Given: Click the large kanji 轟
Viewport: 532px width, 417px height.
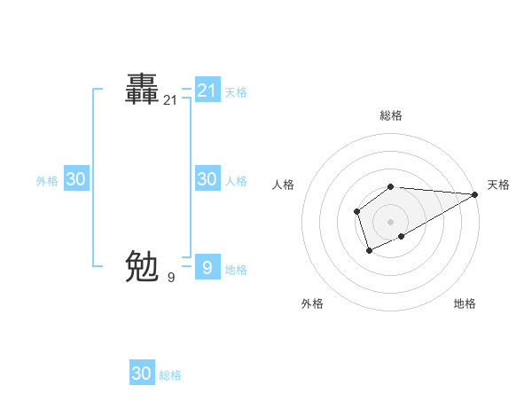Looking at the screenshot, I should (x=142, y=89).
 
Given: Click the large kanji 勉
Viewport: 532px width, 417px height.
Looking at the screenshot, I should (x=142, y=265).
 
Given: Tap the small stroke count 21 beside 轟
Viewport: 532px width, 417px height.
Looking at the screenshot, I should (x=170, y=101).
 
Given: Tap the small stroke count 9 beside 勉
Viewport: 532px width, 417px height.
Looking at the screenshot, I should (x=171, y=278).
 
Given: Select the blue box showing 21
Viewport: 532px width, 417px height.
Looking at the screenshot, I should (x=207, y=90).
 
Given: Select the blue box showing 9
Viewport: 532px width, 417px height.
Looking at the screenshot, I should (x=207, y=267).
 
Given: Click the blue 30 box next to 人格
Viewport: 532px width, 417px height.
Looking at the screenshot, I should (x=207, y=179).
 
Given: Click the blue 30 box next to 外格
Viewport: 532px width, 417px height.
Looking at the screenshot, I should (x=75, y=179).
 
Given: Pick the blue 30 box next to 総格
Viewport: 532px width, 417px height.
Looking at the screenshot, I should (x=142, y=374).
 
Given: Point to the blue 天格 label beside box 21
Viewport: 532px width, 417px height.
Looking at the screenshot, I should (x=236, y=92).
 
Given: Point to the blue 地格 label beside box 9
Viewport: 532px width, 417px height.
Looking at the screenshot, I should (x=236, y=270).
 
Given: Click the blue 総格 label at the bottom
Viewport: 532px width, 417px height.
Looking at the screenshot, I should (x=170, y=375).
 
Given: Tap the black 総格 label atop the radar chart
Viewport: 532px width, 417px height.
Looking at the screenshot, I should (x=391, y=115).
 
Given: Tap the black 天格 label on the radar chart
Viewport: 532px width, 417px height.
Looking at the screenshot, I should (x=498, y=185).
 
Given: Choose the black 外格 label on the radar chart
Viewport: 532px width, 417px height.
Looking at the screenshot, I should (x=312, y=303).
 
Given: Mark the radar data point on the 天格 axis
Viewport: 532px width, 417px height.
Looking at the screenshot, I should (x=475, y=194).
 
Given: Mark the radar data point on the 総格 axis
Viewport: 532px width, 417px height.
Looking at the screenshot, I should (x=391, y=186).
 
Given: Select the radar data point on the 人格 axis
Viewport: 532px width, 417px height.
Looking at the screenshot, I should (x=356, y=211).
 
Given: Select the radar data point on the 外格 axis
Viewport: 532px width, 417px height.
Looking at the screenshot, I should (x=369, y=252).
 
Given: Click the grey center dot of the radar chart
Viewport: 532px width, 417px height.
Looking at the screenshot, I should (x=391, y=222).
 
